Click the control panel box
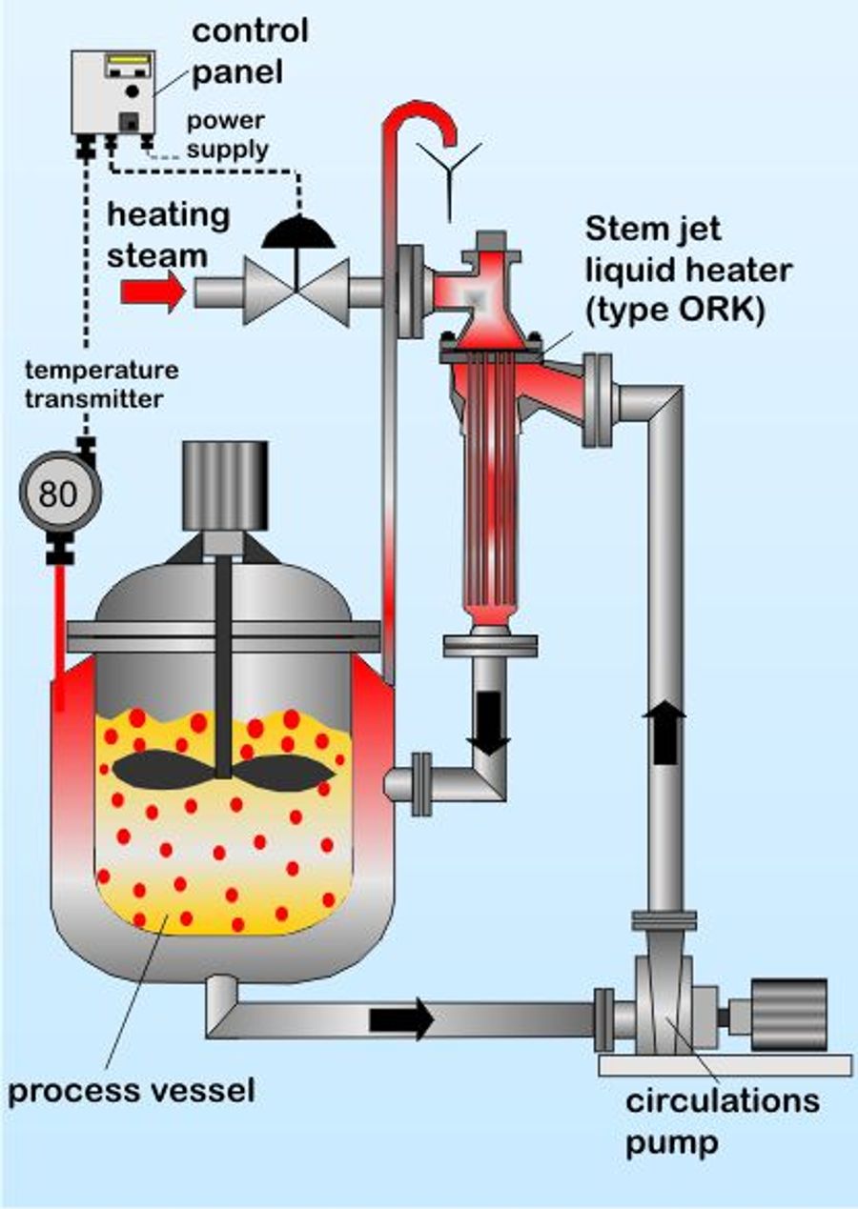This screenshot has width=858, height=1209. pos(112,93)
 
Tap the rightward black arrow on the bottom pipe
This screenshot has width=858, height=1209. pos(401,1019)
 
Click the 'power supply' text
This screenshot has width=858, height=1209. pos(226,134)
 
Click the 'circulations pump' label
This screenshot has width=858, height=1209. pos(721,1118)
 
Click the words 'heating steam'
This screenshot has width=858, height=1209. pos(168,234)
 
